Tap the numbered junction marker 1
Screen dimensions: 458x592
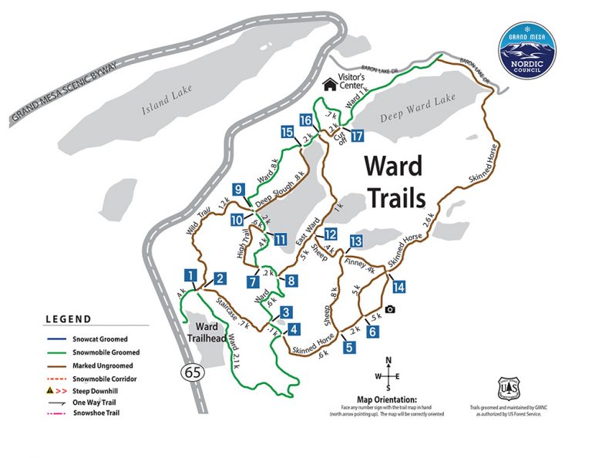point(189,275)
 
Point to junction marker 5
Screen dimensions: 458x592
point(349,346)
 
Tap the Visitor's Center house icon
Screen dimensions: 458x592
point(330,83)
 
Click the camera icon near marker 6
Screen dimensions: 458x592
point(390,309)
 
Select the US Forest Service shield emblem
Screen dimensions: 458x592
point(506,388)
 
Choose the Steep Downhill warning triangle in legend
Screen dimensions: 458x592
point(49,390)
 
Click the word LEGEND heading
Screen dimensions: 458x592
point(68,319)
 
